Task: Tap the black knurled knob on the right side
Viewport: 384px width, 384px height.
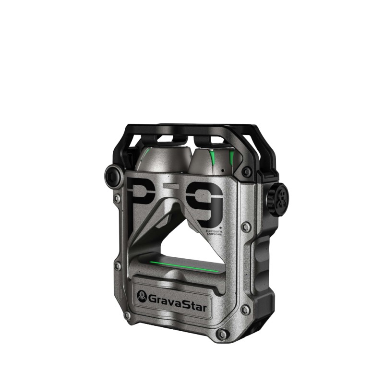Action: tap(277, 197)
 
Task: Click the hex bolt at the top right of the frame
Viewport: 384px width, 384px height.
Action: tap(247, 172)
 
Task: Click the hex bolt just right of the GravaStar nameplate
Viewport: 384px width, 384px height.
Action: tap(244, 310)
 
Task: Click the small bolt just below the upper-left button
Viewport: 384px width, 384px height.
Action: tap(117, 198)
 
